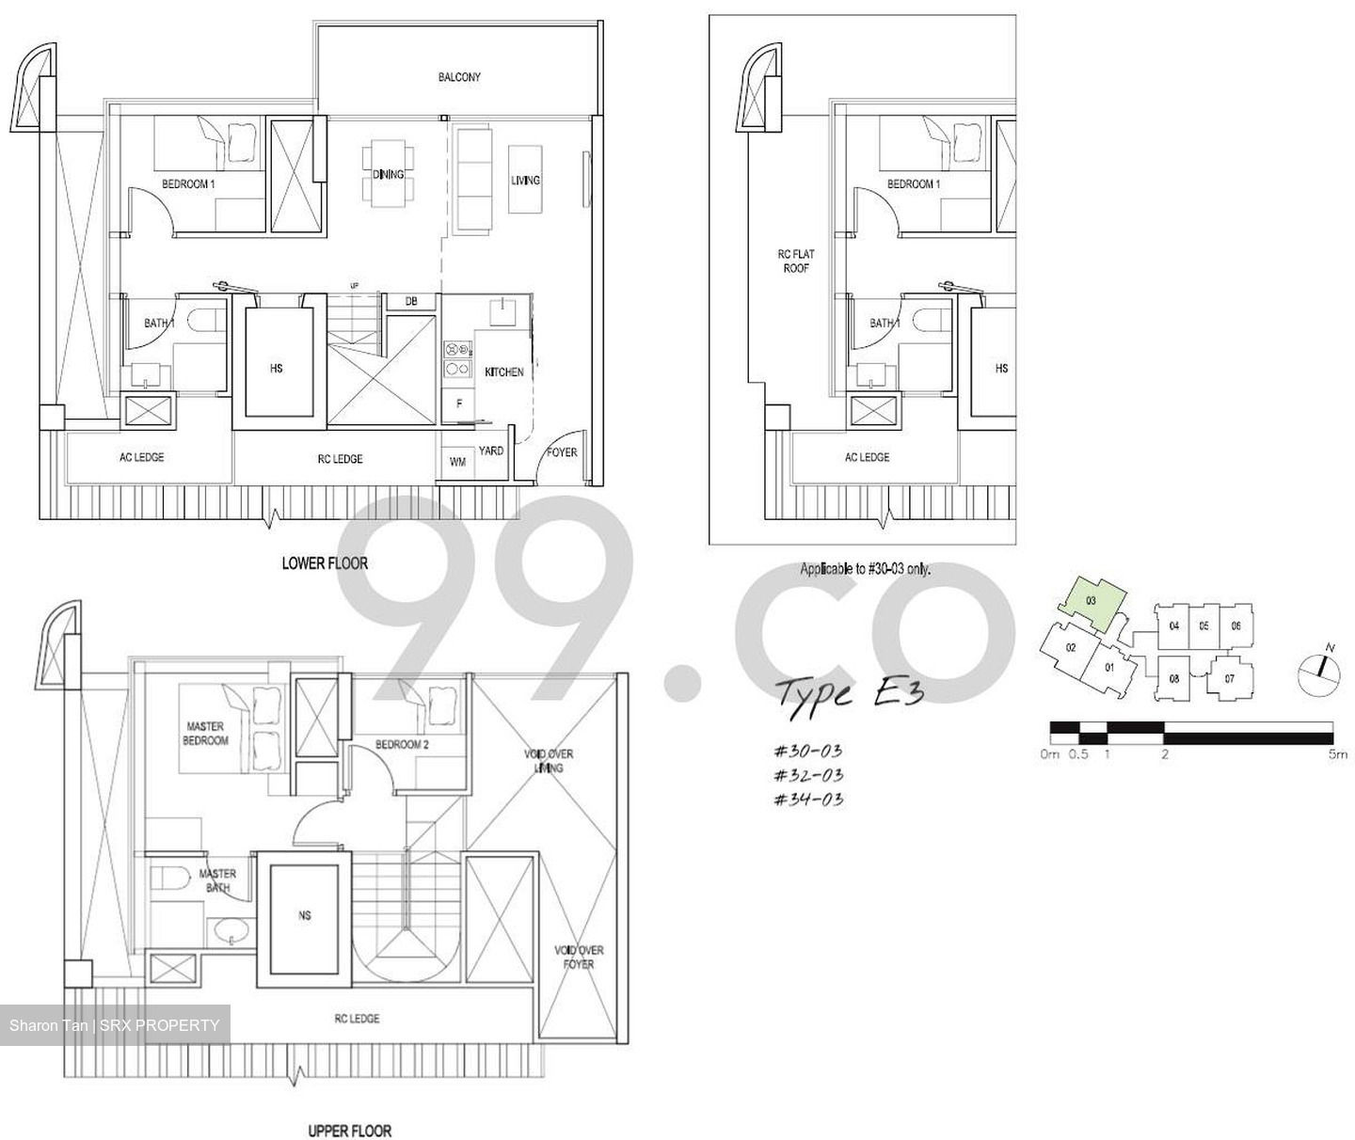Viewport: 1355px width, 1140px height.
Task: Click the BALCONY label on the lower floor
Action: tap(459, 77)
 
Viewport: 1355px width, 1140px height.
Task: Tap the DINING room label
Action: tap(388, 174)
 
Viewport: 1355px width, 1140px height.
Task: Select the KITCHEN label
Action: tap(503, 372)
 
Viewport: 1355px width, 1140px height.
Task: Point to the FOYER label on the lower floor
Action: tap(562, 452)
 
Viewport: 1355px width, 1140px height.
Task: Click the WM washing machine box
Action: tap(457, 462)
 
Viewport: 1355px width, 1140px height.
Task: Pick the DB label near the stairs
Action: tap(411, 302)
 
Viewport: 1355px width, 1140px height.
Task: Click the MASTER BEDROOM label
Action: tap(205, 734)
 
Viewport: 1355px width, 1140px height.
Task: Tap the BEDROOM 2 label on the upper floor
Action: tap(402, 744)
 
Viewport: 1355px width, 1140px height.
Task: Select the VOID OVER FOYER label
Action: tap(579, 957)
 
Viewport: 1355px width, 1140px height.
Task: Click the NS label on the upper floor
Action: tap(304, 915)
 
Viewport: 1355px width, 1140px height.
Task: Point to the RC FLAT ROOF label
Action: tap(796, 261)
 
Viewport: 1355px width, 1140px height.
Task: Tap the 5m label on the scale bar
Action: tap(1336, 754)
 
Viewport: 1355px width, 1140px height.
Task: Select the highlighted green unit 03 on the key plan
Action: tap(1091, 601)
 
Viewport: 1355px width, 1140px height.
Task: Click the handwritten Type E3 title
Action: tap(848, 693)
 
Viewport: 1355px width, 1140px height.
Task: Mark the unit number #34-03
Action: tap(807, 800)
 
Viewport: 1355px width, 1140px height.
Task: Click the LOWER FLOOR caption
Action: tap(325, 563)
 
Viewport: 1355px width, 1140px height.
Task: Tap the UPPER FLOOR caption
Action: tap(349, 1131)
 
